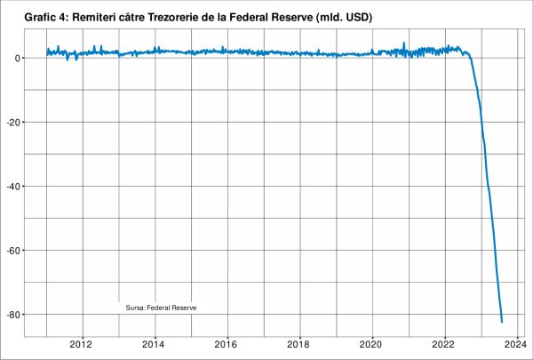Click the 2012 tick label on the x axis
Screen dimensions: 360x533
82,344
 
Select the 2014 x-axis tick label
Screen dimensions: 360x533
155,344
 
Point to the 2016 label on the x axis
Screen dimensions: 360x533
227,344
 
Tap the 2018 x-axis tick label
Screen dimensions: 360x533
300,344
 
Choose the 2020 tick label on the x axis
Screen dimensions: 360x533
373,344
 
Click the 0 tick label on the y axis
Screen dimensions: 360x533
20,58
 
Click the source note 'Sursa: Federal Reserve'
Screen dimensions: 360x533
161,306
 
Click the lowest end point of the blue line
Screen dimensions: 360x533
502,322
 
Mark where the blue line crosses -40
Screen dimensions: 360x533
488,186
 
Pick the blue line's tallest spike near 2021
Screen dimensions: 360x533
404,43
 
